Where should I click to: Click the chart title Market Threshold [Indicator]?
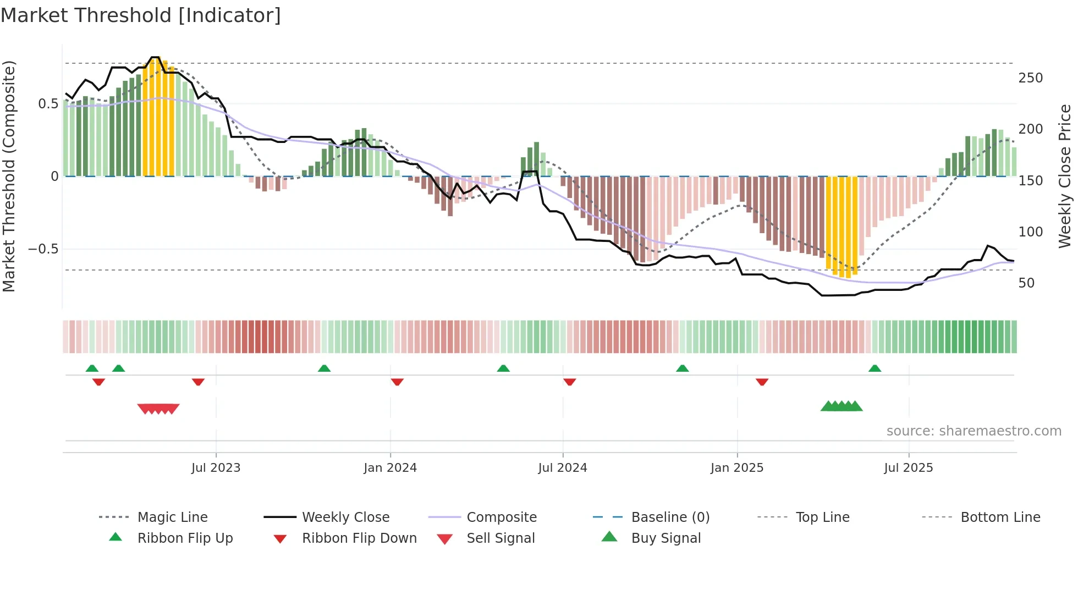[x=141, y=15]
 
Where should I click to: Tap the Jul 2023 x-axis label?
[x=216, y=468]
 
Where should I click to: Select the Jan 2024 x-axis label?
[x=390, y=468]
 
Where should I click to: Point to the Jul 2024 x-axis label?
[x=562, y=468]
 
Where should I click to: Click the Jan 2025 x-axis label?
[x=736, y=468]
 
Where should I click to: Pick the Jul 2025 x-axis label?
[x=908, y=468]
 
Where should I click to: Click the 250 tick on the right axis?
[x=1030, y=78]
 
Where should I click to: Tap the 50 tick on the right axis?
[x=1026, y=283]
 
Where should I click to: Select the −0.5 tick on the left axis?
[x=43, y=249]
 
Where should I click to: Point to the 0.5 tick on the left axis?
[x=48, y=104]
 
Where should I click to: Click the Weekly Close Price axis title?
[x=1065, y=176]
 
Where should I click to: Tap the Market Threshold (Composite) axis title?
[x=9, y=176]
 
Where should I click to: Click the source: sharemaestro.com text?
[x=974, y=431]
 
